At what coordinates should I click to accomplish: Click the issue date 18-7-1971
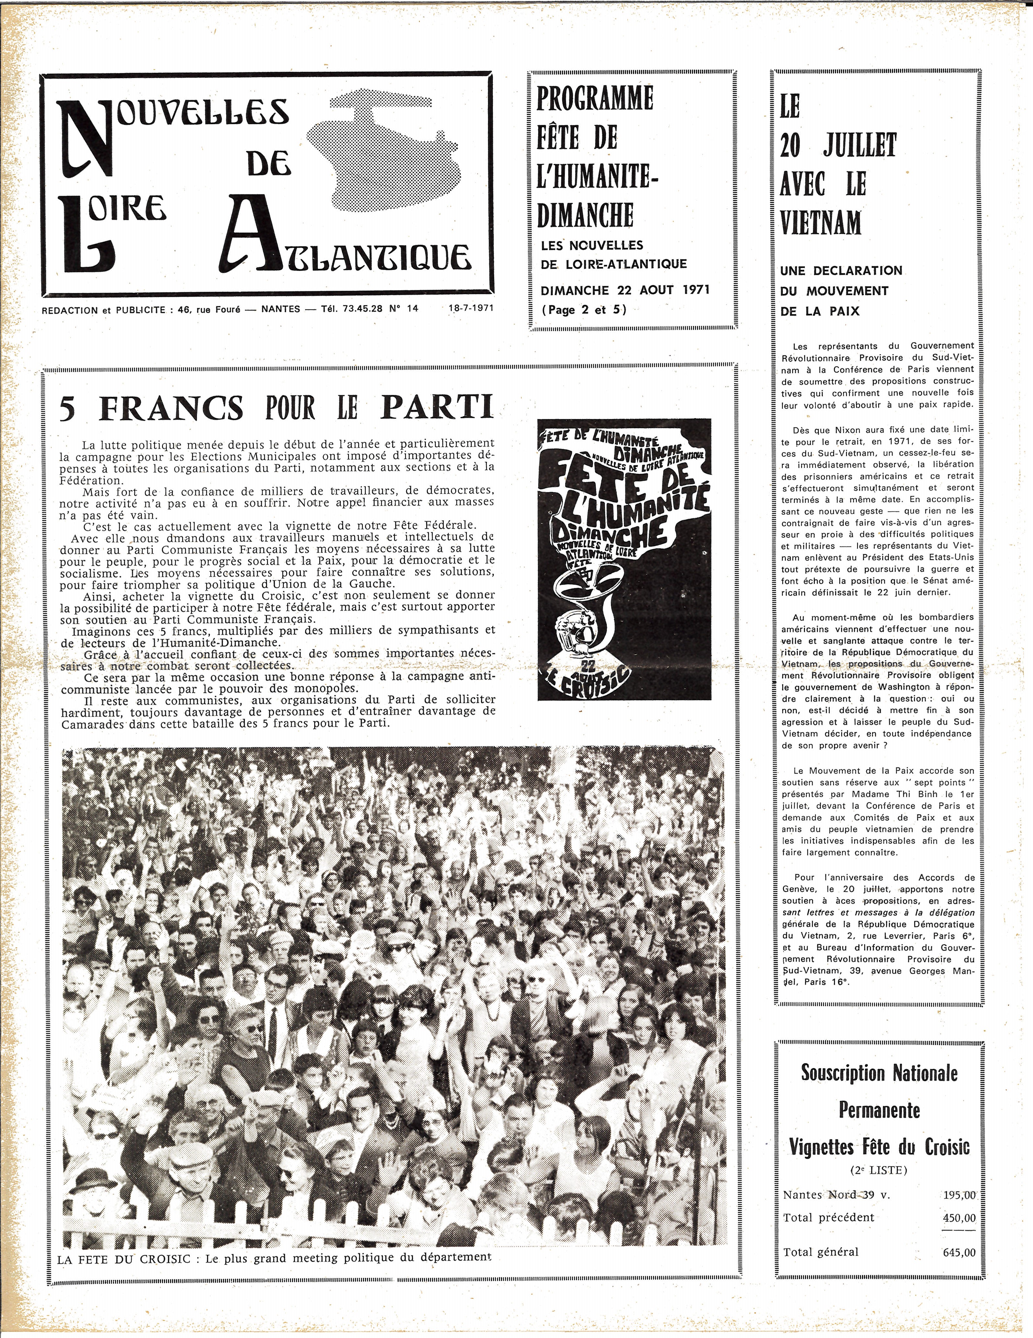click(470, 309)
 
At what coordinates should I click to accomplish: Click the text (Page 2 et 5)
click(584, 310)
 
